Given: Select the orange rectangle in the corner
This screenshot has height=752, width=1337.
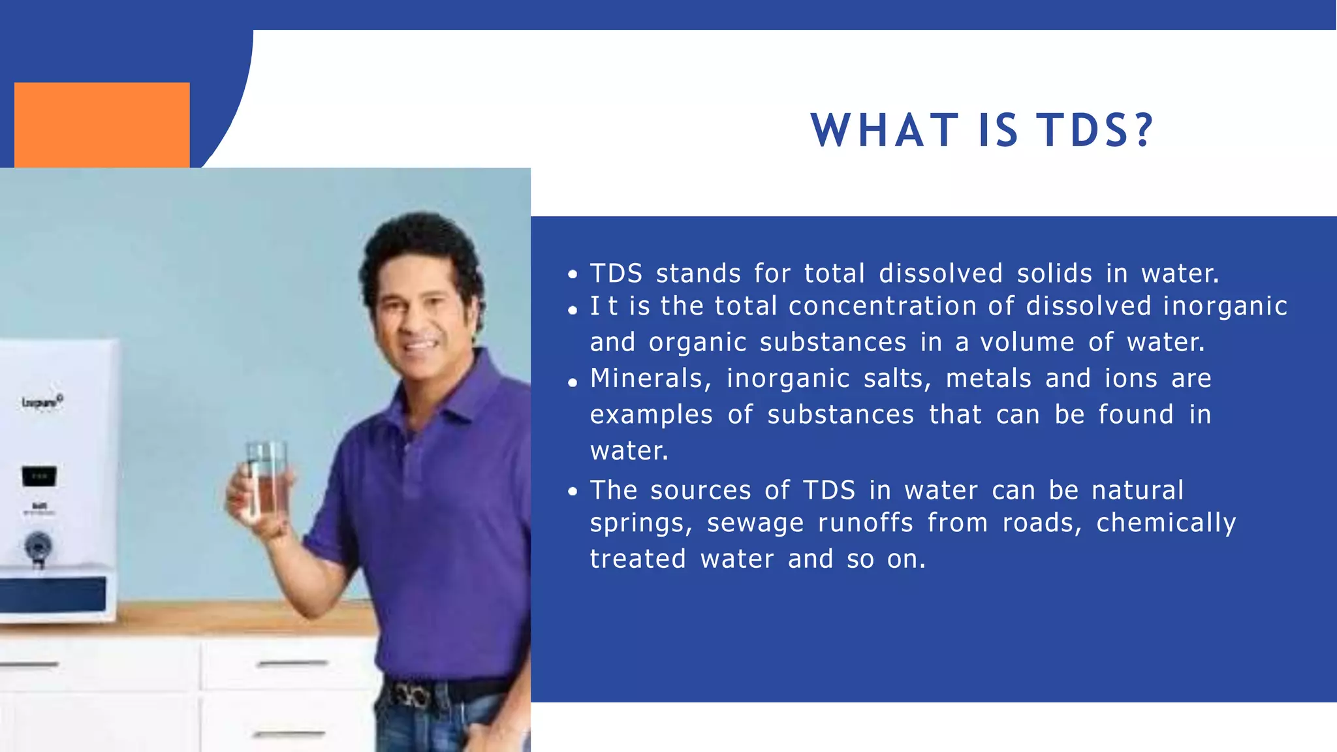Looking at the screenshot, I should [102, 125].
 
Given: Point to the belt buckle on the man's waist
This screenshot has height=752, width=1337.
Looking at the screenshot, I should [409, 696].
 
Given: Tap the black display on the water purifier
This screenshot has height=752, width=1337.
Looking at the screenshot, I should [39, 476].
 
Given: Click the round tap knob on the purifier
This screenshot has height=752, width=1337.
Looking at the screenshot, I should [39, 545].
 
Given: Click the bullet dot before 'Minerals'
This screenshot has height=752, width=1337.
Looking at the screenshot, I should [573, 383].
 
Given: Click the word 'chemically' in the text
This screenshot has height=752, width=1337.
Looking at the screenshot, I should [1166, 524].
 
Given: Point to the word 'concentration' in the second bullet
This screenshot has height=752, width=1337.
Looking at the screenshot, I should [882, 306].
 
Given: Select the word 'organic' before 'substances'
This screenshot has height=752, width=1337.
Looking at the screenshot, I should [697, 343].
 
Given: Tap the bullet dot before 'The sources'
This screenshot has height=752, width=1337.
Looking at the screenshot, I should [573, 492].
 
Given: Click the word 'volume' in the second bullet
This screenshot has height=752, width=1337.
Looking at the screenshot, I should [1027, 343].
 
